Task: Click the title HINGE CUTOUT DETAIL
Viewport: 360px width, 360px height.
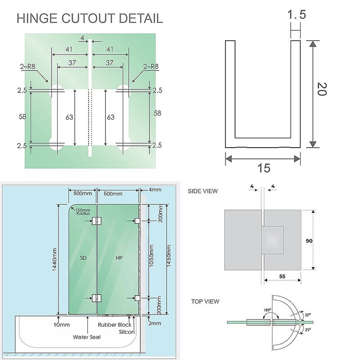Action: click(90, 18)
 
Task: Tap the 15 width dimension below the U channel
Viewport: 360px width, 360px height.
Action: click(264, 168)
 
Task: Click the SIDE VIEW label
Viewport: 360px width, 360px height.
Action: click(202, 191)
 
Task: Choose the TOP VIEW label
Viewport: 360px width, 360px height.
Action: click(205, 301)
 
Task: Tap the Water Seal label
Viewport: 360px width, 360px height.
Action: click(87, 337)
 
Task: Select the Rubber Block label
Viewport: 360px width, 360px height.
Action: click(115, 324)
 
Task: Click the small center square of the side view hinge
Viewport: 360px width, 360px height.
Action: click(274, 238)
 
